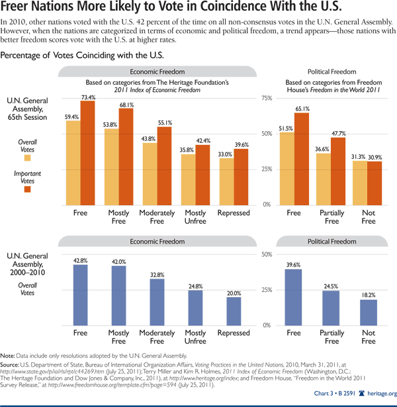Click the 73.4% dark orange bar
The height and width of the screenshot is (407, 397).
88,152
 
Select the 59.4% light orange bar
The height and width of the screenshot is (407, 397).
73,162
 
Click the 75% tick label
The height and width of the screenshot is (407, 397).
265,98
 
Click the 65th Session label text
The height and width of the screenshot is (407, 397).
26,117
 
